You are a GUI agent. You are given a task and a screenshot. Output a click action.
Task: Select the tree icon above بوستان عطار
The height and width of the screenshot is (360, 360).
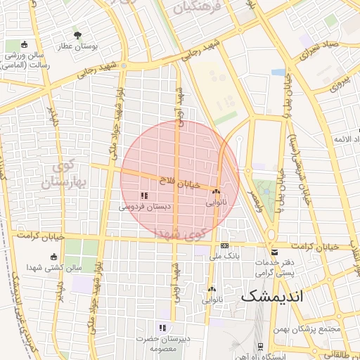tap(77, 34)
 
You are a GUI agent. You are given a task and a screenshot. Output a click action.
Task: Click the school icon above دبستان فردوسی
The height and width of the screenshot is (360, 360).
tap(144, 195)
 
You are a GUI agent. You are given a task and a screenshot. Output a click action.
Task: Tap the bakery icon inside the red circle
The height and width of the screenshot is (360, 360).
tap(216, 191)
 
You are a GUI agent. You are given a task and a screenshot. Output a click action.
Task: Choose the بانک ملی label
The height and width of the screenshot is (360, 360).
tap(224, 257)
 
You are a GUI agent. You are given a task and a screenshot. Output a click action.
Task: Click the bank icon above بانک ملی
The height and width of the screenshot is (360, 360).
tap(224, 246)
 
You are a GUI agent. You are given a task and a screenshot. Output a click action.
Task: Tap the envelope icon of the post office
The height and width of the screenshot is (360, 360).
tap(274, 252)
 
